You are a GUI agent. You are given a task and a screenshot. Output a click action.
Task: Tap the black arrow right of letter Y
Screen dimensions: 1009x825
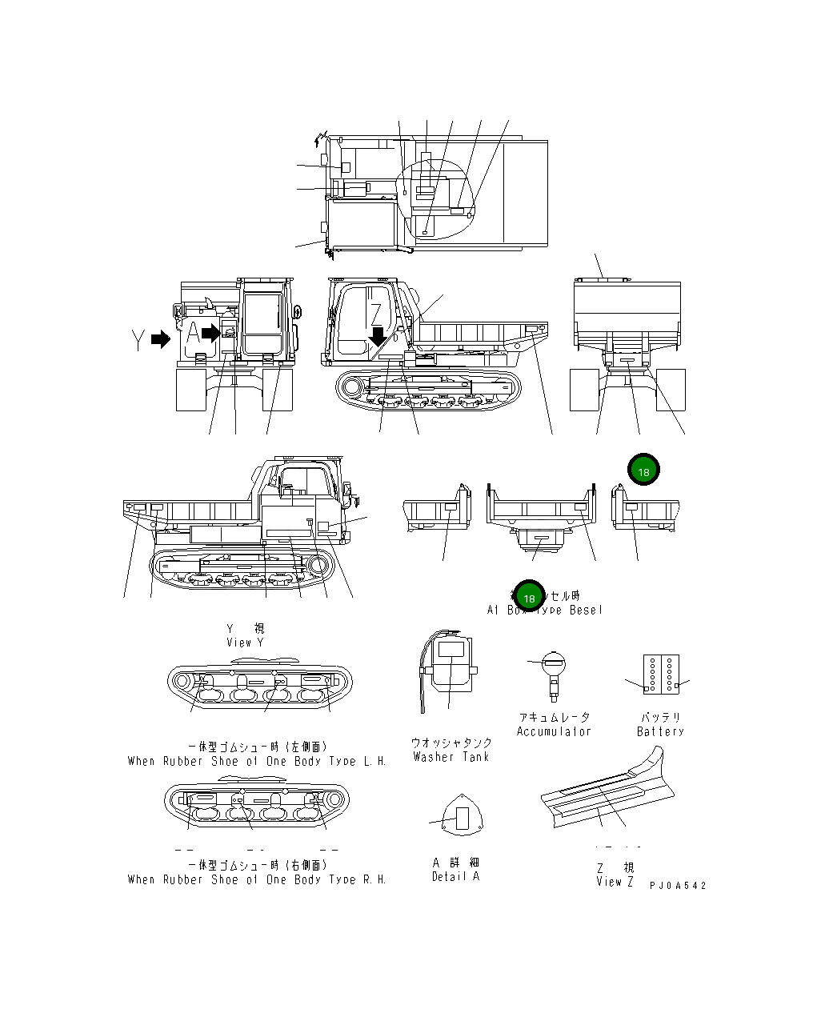161,339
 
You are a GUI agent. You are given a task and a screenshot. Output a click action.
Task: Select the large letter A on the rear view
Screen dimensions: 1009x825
192,333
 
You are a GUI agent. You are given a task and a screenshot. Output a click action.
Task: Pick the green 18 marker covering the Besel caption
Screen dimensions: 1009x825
529,597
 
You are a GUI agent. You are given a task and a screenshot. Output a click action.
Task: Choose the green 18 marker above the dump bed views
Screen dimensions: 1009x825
643,471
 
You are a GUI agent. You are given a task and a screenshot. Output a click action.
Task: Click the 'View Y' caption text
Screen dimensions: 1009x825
245,643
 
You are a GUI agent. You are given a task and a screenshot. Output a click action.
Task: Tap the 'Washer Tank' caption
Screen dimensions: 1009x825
451,757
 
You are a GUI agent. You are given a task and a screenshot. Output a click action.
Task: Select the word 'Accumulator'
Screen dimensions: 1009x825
554,731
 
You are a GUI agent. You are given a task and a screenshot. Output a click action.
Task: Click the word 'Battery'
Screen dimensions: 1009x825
660,731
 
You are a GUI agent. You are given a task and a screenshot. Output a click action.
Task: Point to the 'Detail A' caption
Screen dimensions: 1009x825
455,876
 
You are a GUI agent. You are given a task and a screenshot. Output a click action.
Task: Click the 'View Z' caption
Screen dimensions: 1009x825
615,882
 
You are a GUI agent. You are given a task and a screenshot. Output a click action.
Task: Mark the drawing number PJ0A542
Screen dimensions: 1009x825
678,886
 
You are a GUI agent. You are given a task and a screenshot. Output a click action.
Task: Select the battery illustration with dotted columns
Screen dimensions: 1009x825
661,674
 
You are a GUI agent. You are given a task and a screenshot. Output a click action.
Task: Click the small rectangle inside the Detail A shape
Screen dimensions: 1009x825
462,818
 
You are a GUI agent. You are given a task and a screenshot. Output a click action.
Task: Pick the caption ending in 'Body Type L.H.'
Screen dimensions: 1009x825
257,761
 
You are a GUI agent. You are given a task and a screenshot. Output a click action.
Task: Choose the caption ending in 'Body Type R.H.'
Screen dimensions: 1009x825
257,879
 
